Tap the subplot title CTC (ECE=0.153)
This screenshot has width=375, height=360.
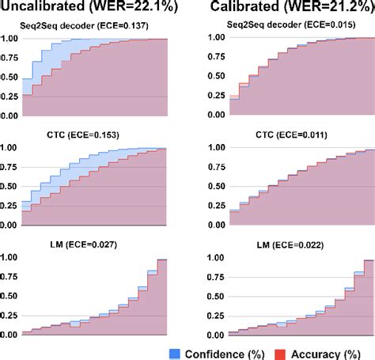[93, 135]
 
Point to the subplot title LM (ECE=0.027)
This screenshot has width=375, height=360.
[93, 244]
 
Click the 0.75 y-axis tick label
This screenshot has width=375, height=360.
[10, 58]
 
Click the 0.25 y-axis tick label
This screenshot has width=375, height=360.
[10, 97]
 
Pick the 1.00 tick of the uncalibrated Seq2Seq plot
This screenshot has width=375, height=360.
[10, 39]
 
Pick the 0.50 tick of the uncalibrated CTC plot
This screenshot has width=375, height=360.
[10, 187]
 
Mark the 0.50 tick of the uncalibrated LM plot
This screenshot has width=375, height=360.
[10, 296]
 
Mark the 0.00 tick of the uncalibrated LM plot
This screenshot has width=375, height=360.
[10, 335]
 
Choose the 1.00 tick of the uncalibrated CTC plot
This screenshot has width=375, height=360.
[10, 148]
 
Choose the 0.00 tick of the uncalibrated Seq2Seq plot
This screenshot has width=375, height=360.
[10, 116]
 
